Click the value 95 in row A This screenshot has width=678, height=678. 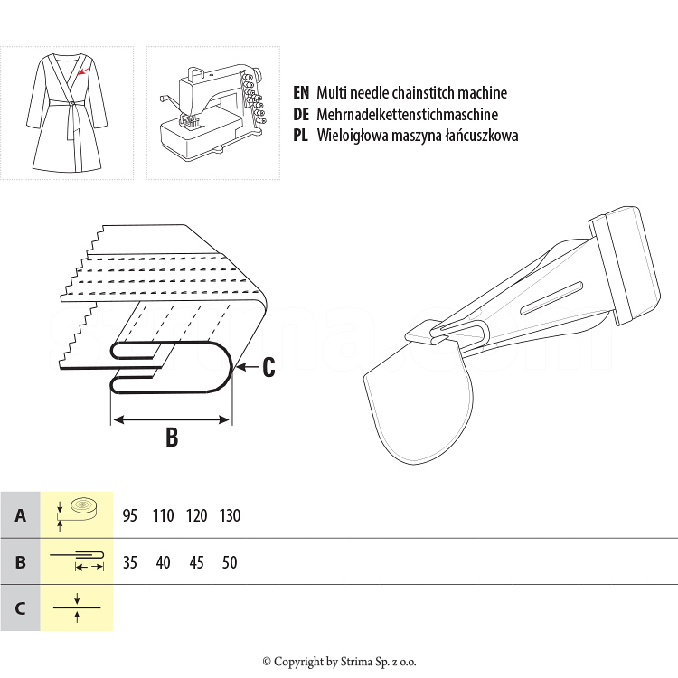click(x=129, y=515)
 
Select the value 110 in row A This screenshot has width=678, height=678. click(x=163, y=515)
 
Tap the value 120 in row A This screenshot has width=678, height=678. click(x=196, y=515)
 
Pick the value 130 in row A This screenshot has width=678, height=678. click(x=230, y=515)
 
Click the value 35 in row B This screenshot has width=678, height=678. click(x=129, y=562)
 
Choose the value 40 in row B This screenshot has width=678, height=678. click(x=163, y=562)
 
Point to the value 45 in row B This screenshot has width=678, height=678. click(x=196, y=562)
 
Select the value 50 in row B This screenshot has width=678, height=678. click(x=230, y=562)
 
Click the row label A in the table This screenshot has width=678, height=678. click(x=20, y=515)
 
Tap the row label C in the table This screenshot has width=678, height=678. click(x=20, y=607)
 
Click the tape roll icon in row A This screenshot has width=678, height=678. click(x=77, y=512)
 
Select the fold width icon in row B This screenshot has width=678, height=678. click(x=77, y=560)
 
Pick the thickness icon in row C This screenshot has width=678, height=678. click(x=77, y=607)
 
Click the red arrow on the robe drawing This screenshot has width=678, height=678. click(x=82, y=70)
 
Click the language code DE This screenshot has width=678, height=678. click(x=302, y=115)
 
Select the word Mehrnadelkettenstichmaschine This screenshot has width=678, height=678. click(x=407, y=115)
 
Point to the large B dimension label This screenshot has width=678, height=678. click(x=172, y=438)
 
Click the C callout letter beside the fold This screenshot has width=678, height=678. click(x=268, y=367)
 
